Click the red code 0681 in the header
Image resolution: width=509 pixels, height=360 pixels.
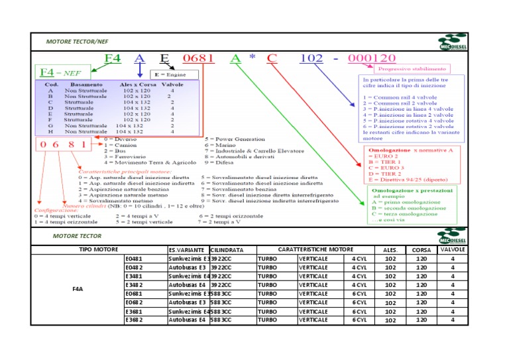[x=198, y=58]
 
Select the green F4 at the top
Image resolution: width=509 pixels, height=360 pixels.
[x=113, y=58]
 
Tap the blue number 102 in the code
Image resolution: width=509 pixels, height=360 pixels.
[x=311, y=58]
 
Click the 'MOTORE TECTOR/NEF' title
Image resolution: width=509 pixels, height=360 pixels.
[x=77, y=41]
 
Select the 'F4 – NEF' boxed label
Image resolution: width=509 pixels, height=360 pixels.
[x=57, y=72]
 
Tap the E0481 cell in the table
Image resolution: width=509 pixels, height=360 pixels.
[x=134, y=258]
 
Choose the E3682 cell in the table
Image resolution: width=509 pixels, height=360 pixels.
[x=134, y=320]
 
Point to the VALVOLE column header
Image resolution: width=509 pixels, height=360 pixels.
[x=453, y=249]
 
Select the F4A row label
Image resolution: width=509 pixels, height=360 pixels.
[x=77, y=289]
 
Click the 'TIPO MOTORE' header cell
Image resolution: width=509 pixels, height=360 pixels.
[x=99, y=249]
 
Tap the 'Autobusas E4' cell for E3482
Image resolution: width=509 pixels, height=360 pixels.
[x=187, y=284]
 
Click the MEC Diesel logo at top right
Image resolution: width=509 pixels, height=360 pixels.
[x=452, y=43]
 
